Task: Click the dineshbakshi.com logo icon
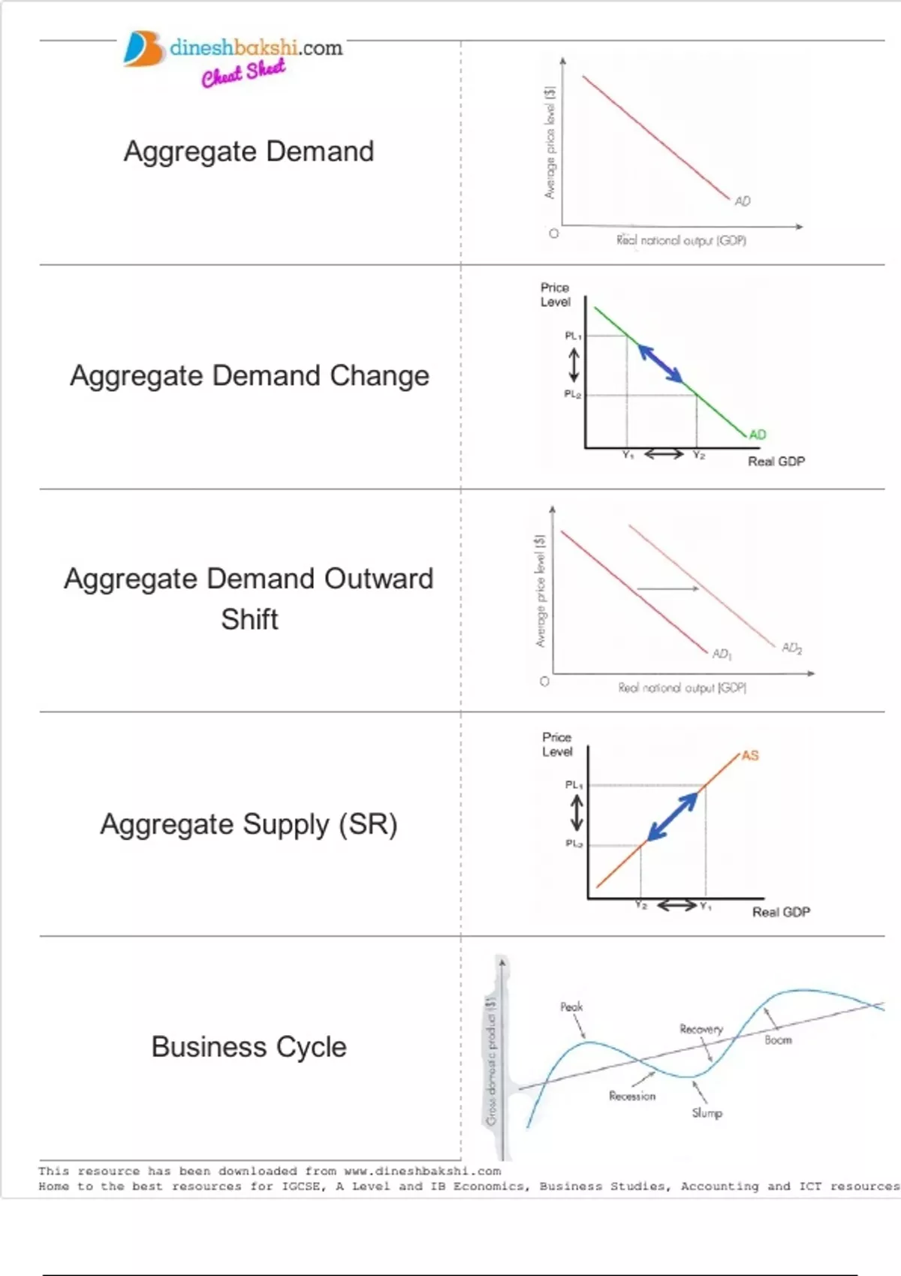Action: (x=143, y=50)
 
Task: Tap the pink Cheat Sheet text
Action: (x=243, y=73)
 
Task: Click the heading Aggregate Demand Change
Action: (x=249, y=375)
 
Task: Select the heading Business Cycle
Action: (x=249, y=1046)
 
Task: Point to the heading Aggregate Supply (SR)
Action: (x=249, y=824)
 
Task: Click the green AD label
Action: (x=758, y=435)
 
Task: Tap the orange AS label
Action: (x=750, y=755)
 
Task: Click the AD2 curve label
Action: (x=792, y=648)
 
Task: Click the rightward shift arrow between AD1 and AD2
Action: (x=667, y=589)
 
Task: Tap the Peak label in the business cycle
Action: (x=571, y=1007)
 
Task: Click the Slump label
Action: (x=707, y=1112)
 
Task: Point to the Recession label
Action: (x=632, y=1096)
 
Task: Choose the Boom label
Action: (x=779, y=1040)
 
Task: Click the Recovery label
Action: (x=701, y=1029)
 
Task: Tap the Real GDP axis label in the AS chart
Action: (x=781, y=912)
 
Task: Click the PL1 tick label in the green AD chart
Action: (x=573, y=336)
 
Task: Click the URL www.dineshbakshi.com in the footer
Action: (x=422, y=1171)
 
